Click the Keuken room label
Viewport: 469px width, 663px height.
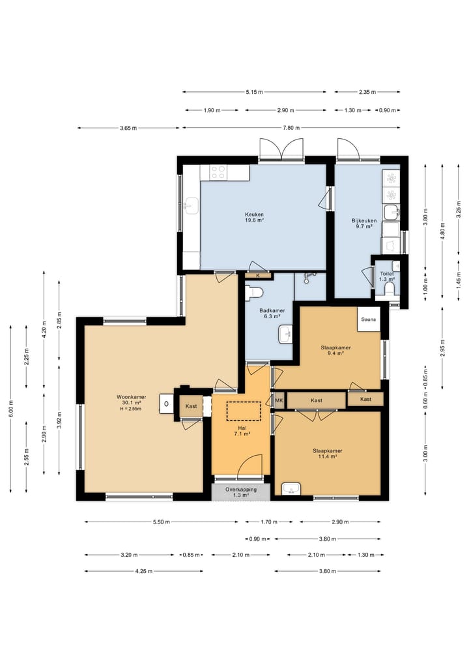(x=254, y=214)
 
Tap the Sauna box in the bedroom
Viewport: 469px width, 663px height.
(x=369, y=319)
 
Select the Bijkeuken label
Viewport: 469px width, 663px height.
(x=363, y=221)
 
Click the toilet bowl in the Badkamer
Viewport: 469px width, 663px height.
(x=255, y=292)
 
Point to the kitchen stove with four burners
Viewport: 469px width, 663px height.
(x=219, y=173)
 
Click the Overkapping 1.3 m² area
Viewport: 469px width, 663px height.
(x=240, y=492)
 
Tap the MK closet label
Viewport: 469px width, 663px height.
(x=279, y=400)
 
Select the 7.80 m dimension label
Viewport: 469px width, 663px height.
(x=291, y=128)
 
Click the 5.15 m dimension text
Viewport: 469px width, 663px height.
(x=254, y=92)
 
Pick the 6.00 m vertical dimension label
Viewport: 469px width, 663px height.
(x=11, y=408)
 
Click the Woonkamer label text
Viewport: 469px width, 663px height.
(x=132, y=397)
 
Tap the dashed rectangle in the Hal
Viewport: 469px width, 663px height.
(x=244, y=411)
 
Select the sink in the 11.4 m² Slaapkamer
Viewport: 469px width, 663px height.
(x=291, y=488)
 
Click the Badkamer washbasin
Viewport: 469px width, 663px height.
(x=285, y=334)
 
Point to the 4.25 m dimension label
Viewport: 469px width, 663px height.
(x=144, y=571)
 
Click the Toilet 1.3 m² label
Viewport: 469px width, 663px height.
(x=387, y=276)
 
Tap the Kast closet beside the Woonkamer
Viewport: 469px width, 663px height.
(x=191, y=406)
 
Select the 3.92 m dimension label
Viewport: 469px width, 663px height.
(x=59, y=420)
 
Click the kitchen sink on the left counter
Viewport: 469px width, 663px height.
(x=192, y=206)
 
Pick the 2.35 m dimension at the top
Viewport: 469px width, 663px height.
(x=367, y=92)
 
